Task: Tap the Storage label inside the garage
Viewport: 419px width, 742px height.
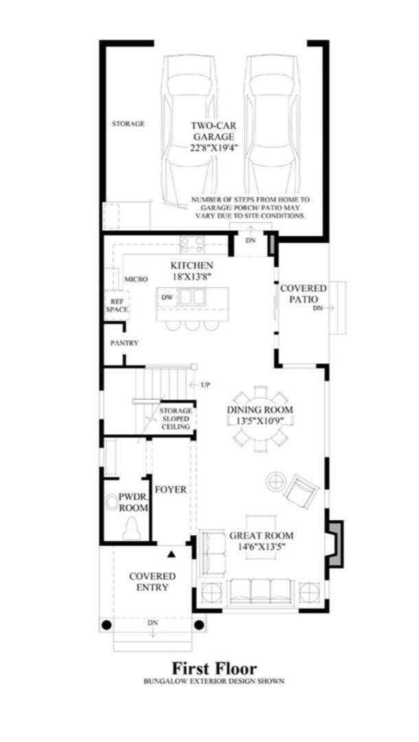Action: coord(128,124)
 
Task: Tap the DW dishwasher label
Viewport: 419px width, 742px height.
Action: coord(166,297)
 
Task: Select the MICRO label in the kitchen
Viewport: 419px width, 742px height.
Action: coord(132,280)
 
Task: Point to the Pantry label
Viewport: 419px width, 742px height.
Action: coord(124,343)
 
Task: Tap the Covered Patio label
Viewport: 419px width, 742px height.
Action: coord(303,294)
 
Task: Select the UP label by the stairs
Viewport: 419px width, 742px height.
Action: coord(205,384)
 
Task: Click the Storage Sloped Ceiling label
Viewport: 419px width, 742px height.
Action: coord(176,419)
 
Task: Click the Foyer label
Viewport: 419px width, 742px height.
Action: coord(170,490)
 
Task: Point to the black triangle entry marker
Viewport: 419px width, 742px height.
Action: coord(171,551)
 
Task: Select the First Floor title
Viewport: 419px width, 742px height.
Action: coord(214,668)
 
